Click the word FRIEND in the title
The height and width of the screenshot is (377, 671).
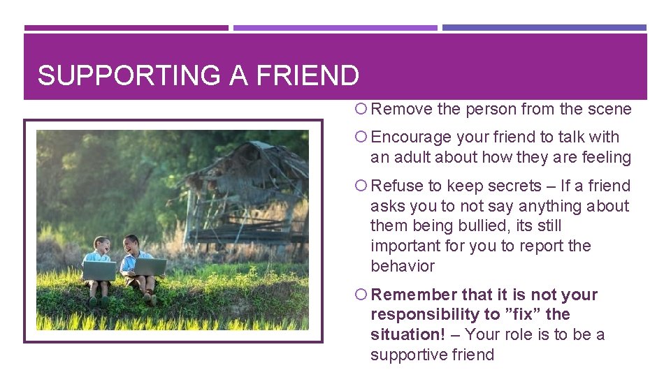click(308, 75)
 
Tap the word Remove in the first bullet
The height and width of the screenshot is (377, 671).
click(401, 110)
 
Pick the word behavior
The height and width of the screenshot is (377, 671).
click(403, 267)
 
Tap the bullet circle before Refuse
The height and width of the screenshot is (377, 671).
click(361, 186)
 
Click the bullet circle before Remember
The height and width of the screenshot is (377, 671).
click(361, 295)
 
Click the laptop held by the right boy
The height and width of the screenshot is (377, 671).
click(150, 267)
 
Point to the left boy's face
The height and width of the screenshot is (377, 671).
click(101, 246)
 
